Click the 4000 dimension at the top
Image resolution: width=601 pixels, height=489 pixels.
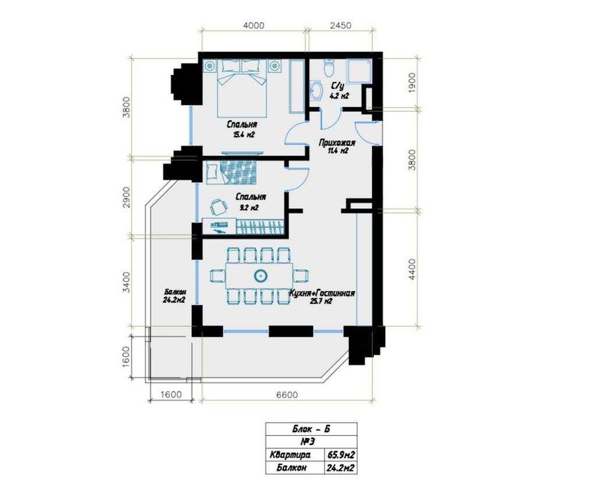254,26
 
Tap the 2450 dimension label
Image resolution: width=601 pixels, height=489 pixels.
340,26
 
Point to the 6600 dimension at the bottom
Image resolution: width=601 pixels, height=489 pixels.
286,395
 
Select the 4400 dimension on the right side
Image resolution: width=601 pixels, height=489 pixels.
412,269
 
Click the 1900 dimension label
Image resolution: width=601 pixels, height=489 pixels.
412,83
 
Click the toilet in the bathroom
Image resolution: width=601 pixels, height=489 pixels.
329,67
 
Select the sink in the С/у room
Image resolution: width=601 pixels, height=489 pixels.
317,90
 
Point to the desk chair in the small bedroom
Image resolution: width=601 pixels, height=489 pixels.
217,207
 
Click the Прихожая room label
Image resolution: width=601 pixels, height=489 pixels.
338,143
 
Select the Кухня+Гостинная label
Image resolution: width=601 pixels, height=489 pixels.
322,293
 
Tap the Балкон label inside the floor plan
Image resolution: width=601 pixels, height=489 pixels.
174,292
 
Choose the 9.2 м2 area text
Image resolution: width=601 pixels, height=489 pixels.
249,208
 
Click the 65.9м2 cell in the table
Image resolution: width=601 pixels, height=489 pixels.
340,455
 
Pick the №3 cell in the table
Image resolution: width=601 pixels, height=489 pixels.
308,442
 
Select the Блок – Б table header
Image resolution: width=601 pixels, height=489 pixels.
311,429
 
